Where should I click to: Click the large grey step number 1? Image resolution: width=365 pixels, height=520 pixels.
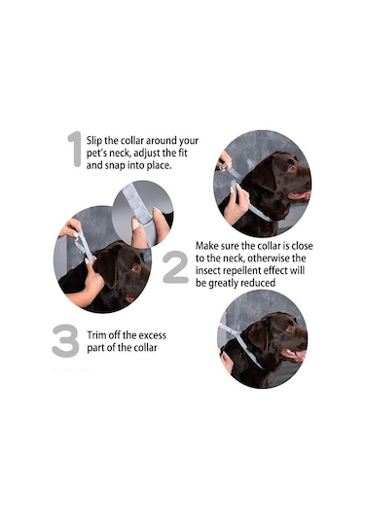pos(75,149)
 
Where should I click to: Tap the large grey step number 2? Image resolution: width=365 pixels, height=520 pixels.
pos(175,266)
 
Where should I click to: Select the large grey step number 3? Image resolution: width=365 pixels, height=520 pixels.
pos(65,340)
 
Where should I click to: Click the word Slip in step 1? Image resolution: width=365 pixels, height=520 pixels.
pos(94,141)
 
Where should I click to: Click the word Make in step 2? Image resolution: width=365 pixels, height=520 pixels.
pos(207,246)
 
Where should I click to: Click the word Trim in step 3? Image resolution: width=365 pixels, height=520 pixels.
pos(96,335)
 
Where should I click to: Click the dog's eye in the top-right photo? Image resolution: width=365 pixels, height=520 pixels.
pos(292,167)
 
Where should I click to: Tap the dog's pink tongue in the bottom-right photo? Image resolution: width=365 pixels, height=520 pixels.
pos(300,355)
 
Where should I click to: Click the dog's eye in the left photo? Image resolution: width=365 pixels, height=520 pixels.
pos(135,267)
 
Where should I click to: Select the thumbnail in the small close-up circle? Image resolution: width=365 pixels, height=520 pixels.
pos(135,224)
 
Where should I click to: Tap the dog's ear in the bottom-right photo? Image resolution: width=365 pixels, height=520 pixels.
pos(258,334)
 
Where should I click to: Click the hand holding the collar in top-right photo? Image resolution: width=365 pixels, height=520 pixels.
pos(237,207)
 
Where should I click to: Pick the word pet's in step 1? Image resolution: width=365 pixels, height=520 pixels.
pos(96,154)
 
